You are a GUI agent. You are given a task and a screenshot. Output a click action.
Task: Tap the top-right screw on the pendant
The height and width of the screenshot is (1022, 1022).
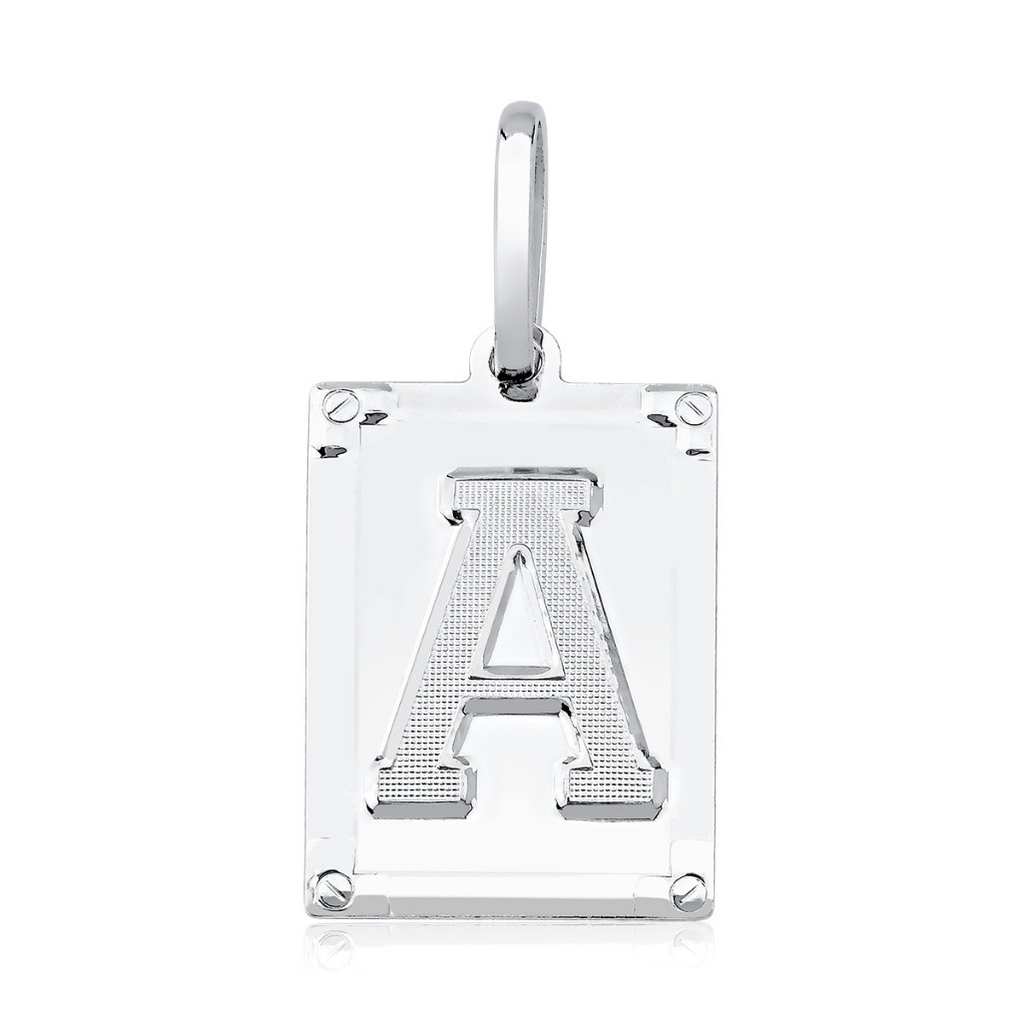click(x=691, y=408)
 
